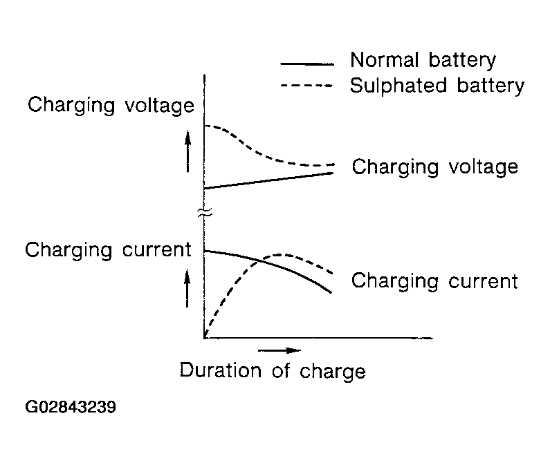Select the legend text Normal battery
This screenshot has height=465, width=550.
pos(423,60)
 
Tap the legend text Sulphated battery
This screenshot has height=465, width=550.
pos(437,86)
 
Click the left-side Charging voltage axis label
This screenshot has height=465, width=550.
pos(111,106)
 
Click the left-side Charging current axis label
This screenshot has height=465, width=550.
pos(108,249)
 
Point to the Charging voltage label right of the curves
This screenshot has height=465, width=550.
pos(434,167)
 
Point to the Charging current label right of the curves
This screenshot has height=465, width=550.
pos(434,281)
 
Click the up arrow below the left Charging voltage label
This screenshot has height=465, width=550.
pos(187,153)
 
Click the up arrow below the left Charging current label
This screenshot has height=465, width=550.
pos(187,287)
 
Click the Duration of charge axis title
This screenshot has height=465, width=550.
pos(272,371)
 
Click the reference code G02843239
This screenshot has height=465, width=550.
pos(70,408)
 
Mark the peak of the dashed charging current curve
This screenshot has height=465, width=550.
pos(284,254)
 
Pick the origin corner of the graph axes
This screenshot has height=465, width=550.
pos(205,338)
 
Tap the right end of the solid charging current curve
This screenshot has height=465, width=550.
pos(332,292)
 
